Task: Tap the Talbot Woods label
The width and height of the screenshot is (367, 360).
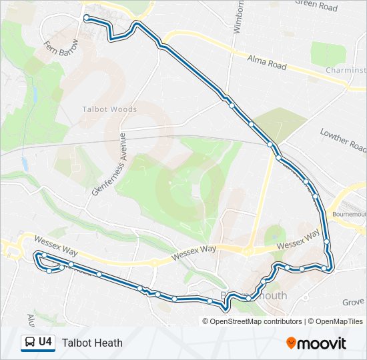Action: click(109, 109)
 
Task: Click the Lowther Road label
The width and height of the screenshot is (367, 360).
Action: click(343, 139)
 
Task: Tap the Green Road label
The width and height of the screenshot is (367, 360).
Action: click(316, 6)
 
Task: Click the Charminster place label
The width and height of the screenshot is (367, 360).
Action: click(346, 70)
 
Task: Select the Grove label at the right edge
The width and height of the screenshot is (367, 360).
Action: click(354, 302)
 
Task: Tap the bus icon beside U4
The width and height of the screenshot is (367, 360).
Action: click(31, 343)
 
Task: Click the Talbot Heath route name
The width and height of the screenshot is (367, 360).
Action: click(92, 343)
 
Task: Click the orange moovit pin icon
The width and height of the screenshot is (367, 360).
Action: click(291, 343)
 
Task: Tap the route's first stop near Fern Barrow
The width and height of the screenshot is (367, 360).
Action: click(87, 17)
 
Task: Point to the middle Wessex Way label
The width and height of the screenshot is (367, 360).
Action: click(194, 252)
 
